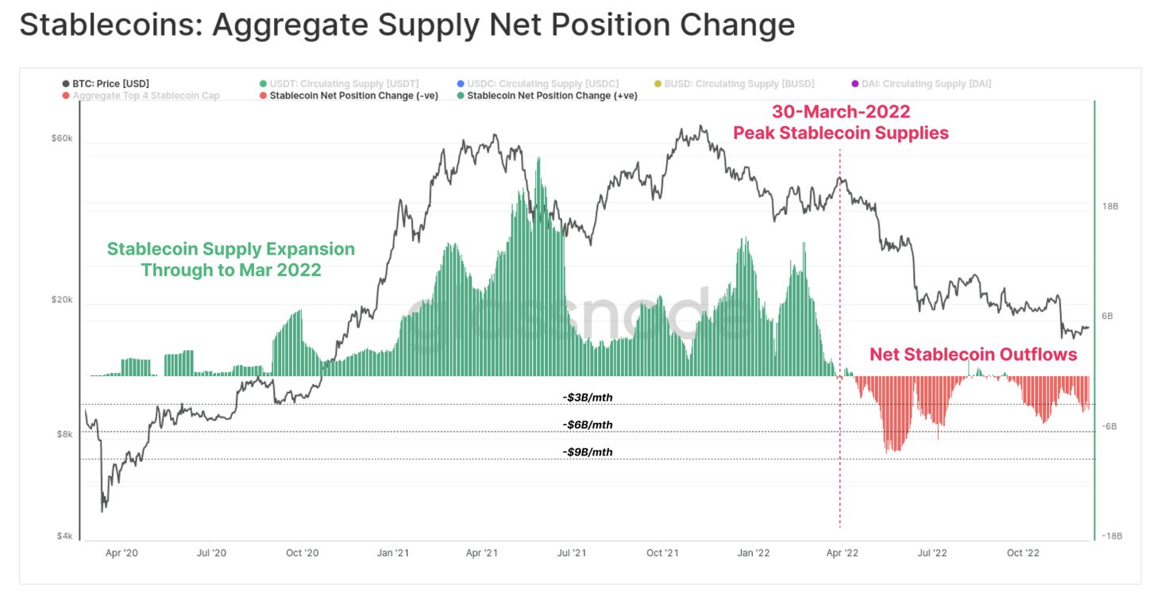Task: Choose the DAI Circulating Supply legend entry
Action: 926,83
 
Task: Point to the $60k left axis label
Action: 62,138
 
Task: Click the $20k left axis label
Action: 62,300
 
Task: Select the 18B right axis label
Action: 1109,206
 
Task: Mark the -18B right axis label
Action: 1111,536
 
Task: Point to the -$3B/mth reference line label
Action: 587,397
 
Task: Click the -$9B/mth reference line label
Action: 587,452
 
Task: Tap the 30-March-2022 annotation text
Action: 841,112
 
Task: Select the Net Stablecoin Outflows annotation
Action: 973,354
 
